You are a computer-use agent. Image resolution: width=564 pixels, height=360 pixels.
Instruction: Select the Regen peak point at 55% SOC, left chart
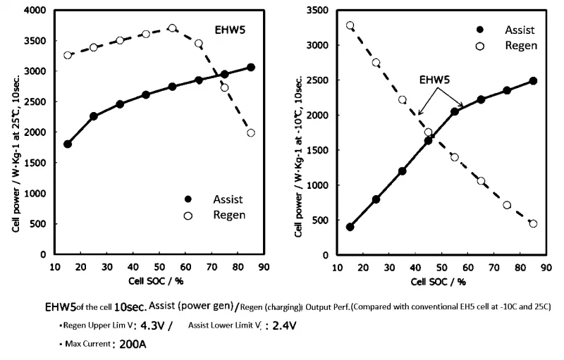(x=172, y=28)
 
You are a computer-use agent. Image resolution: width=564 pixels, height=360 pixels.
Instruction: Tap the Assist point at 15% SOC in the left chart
(x=68, y=144)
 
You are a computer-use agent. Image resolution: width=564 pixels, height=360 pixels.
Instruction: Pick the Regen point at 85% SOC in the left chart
(x=251, y=132)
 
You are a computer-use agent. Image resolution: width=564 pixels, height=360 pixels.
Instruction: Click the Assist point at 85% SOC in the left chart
(x=251, y=67)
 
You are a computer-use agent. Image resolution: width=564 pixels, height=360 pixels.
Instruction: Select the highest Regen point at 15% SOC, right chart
(x=350, y=25)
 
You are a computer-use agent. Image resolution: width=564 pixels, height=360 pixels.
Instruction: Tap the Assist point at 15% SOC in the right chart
(x=350, y=227)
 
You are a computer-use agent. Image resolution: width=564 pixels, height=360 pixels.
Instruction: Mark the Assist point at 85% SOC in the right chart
(x=533, y=81)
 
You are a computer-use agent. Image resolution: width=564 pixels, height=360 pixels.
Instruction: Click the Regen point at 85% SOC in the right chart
(x=533, y=223)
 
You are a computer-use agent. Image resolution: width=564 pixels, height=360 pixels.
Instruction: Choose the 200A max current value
(x=133, y=345)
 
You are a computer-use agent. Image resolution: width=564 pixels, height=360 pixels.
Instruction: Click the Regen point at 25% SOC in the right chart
(x=376, y=63)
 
